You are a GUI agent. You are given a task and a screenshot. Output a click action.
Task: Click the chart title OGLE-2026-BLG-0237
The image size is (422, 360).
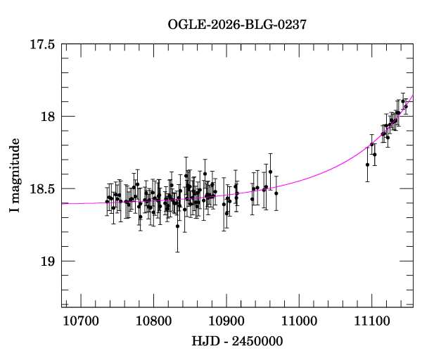(237, 25)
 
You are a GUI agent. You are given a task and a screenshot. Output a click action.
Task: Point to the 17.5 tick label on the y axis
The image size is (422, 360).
(43, 44)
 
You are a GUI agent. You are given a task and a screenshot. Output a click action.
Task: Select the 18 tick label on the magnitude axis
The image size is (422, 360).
(48, 117)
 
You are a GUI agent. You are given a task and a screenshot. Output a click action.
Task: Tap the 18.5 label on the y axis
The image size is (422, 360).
(43, 189)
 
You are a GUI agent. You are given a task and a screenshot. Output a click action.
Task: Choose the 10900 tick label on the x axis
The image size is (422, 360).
(226, 321)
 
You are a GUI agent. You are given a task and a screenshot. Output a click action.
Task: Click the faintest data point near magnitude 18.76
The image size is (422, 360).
(177, 226)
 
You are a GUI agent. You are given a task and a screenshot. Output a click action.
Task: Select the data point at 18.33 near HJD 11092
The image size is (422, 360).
(367, 165)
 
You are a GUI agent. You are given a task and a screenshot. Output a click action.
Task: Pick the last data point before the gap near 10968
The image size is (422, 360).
(276, 193)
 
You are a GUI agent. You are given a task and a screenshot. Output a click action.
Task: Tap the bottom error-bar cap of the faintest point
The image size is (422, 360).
(177, 252)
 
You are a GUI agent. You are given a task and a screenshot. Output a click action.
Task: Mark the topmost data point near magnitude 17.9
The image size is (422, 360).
(403, 101)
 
